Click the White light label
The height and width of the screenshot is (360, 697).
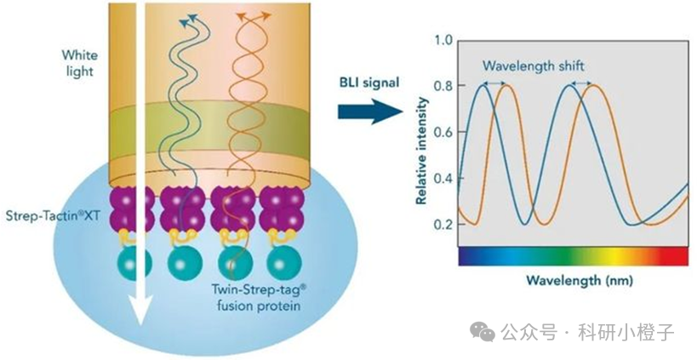(x=80, y=63)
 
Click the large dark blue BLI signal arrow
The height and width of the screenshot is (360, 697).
(x=370, y=111)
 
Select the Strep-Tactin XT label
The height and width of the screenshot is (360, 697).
(x=53, y=216)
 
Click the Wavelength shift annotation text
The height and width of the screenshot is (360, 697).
(x=534, y=66)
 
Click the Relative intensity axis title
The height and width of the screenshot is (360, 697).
(x=421, y=151)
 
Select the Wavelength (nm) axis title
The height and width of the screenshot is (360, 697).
(x=580, y=281)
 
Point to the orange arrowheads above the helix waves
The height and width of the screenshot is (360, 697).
(x=254, y=16)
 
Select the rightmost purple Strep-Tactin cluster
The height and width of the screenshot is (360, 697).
(x=281, y=209)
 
